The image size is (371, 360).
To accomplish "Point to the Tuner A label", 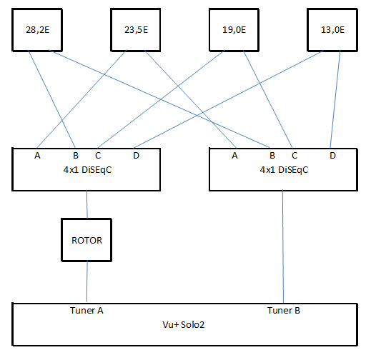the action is pos(86,311).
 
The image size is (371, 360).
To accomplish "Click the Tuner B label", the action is pos(284,311).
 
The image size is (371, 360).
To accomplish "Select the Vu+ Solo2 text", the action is pos(184,325).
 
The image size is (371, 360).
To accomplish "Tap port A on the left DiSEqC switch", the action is pos(37,156).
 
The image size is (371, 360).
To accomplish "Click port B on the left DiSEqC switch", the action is pos(76,156).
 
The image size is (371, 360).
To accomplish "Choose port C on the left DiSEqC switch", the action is pos(98,156).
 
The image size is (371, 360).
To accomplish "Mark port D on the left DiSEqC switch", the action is pos(136,156).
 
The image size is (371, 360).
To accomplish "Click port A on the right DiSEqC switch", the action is pos(234,156).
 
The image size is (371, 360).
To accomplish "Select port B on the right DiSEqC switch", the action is pos(272,156).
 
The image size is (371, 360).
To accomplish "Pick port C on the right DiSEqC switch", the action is pos(295,156).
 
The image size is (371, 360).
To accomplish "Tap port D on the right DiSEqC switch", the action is pos(332,156).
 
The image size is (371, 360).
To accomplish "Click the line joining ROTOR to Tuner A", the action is pos(87,281).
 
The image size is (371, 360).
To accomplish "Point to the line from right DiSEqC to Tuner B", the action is pos(283,246).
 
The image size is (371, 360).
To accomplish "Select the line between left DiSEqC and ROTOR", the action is pos(87,204).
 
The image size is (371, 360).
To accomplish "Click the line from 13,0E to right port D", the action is pos(335,99).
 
